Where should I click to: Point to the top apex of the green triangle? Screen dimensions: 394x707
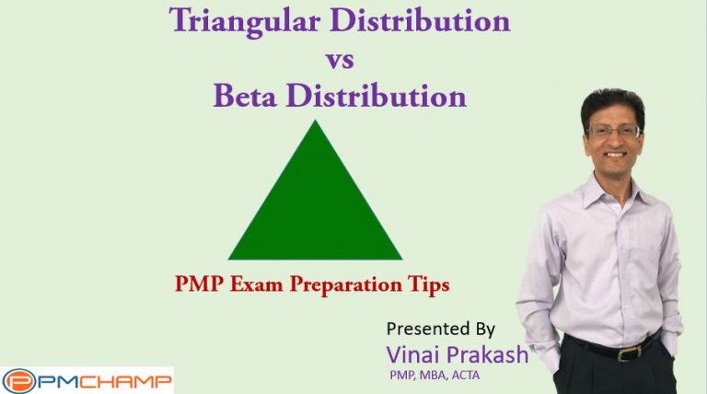tap(315, 123)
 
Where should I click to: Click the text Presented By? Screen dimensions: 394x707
tap(441, 329)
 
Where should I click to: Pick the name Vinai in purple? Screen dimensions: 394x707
tap(411, 353)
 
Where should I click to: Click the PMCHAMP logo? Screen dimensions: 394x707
tap(87, 380)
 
